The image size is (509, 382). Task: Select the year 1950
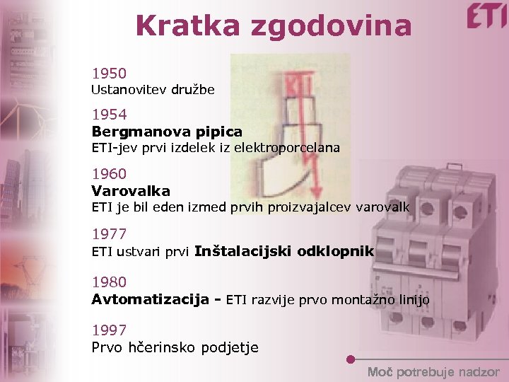pyautogui.click(x=109, y=74)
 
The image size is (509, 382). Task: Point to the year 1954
pyautogui.click(x=109, y=115)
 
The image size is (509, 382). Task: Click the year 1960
pyautogui.click(x=109, y=174)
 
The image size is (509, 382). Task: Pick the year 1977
pyautogui.click(x=109, y=234)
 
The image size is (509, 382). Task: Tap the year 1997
pyautogui.click(x=109, y=330)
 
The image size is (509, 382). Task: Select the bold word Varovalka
pyautogui.click(x=131, y=191)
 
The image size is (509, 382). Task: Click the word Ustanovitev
pyautogui.click(x=128, y=90)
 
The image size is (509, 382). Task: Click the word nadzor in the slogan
pyautogui.click(x=479, y=372)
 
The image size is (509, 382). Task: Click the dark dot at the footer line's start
pyautogui.click(x=351, y=359)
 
